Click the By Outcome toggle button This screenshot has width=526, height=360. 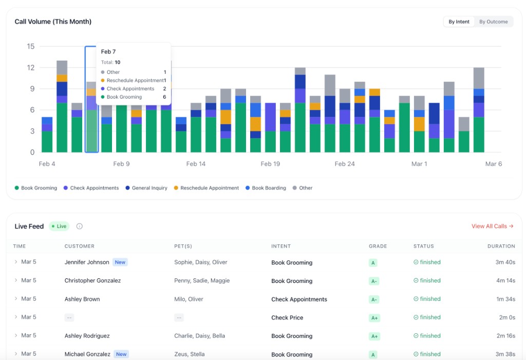(493, 22)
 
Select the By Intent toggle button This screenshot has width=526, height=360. (459, 22)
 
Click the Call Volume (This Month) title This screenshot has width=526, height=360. (53, 22)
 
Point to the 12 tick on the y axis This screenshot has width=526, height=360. (30, 68)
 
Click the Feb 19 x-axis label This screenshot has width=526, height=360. (270, 164)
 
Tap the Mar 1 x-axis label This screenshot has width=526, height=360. (419, 164)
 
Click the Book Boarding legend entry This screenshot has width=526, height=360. (266, 188)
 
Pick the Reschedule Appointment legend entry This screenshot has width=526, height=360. (206, 188)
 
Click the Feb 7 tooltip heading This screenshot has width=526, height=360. (108, 52)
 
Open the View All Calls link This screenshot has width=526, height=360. (492, 226)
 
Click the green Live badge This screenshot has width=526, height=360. (59, 226)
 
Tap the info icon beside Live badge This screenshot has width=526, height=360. (80, 226)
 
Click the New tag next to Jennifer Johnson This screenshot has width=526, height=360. (120, 262)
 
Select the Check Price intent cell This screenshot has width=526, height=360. (287, 317)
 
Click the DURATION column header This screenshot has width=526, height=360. (501, 246)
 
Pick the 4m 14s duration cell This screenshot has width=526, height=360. (505, 280)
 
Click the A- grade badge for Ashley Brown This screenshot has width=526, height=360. (374, 299)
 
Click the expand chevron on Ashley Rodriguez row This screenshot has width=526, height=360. (16, 335)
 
